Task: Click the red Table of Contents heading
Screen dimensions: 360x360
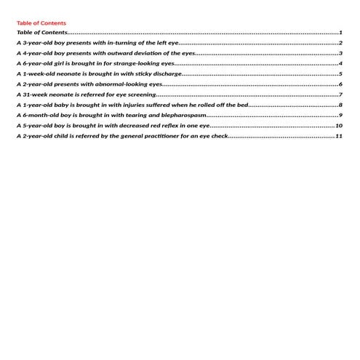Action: click(x=41, y=23)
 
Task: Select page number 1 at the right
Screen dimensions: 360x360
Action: click(x=340, y=33)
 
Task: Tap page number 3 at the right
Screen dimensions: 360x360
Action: click(x=340, y=53)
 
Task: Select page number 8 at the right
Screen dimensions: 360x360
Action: click(x=340, y=105)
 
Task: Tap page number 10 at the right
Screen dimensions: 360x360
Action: click(x=339, y=126)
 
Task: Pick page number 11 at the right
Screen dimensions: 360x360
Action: click(x=339, y=136)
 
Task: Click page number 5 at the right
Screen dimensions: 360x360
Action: click(x=340, y=73)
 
